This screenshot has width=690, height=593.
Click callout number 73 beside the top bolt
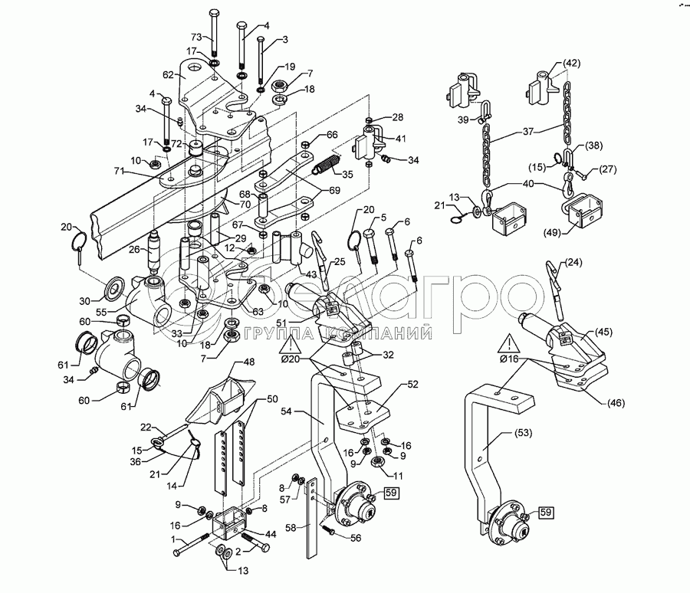click(x=174, y=38)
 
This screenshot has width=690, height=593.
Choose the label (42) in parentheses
click(x=571, y=63)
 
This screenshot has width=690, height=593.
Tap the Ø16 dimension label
click(x=510, y=358)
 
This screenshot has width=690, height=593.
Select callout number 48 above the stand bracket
click(x=249, y=362)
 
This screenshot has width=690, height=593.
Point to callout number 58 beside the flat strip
click(x=291, y=526)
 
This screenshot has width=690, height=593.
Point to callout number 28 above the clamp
click(x=397, y=117)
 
